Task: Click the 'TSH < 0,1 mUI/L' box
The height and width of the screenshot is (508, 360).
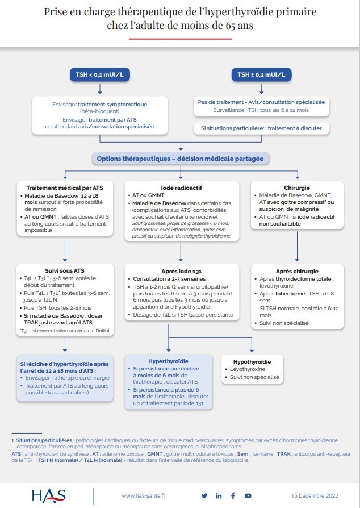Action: pos(100,75)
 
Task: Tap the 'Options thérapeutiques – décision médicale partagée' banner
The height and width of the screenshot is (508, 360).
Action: pos(180,159)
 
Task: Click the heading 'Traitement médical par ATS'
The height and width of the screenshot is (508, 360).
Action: pos(65,188)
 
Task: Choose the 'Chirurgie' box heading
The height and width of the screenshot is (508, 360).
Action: pos(296,188)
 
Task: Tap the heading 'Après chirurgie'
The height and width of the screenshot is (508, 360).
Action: pos(296,271)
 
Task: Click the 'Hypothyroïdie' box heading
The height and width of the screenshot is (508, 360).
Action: pos(252,361)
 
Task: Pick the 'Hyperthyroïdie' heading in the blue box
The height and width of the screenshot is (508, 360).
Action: pos(168,361)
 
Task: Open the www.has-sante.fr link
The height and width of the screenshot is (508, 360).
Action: pos(143,496)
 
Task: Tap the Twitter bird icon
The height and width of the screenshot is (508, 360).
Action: pos(204,496)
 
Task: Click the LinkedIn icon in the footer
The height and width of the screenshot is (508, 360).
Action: pos(219,496)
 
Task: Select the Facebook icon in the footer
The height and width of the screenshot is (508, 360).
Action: pos(233,496)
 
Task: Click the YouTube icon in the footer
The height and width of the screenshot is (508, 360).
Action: pos(248,496)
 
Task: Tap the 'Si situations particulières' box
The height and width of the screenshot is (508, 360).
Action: pos(261,128)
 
